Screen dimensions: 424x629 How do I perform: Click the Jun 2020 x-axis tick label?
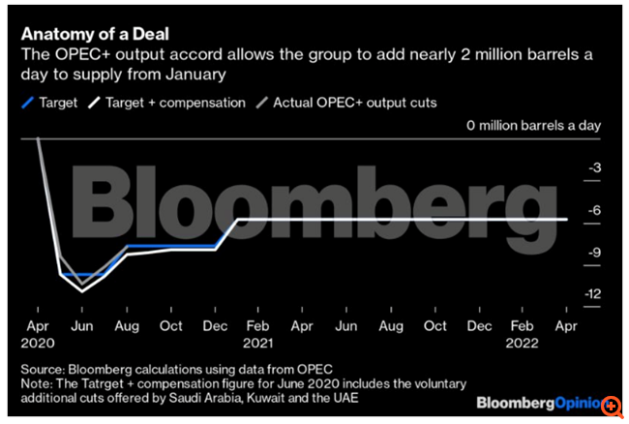(82, 327)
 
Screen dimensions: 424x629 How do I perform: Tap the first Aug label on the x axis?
(128, 327)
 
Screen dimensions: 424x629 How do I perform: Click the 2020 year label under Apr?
(40, 343)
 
